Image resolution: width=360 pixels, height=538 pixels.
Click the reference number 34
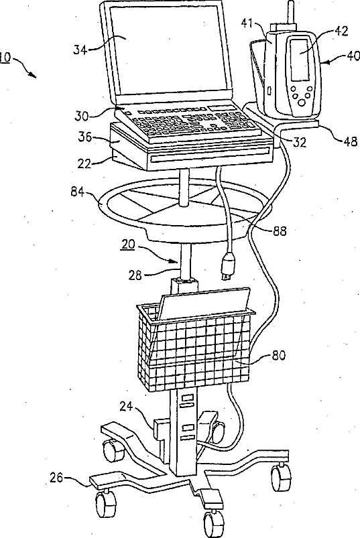click(x=80, y=50)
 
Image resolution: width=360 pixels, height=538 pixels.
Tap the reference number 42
click(x=341, y=31)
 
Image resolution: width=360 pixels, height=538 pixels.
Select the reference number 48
click(x=350, y=141)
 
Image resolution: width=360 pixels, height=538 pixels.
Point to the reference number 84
click(x=78, y=191)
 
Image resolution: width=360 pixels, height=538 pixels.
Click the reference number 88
click(x=280, y=231)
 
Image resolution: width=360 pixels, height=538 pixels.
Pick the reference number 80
click(x=279, y=356)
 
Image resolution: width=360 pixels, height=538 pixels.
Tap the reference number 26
click(x=57, y=478)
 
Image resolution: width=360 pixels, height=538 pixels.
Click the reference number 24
click(x=127, y=406)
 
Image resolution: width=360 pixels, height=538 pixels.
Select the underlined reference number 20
click(x=128, y=245)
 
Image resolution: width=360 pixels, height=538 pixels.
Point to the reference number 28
click(x=136, y=275)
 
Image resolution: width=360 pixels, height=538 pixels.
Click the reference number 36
click(x=85, y=137)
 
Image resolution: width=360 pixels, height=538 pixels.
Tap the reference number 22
click(x=84, y=163)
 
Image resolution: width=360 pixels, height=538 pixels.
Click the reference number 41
click(x=247, y=23)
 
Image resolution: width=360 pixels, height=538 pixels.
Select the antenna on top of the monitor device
click(x=291, y=12)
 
